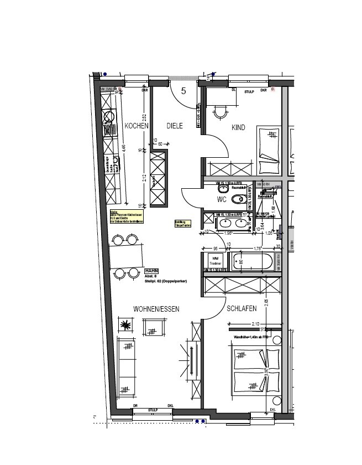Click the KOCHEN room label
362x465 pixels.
coord(137,126)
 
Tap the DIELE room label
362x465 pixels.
coord(175,126)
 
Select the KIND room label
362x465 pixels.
coord(238,128)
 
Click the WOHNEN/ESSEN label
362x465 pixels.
coord(156,309)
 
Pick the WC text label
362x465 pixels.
coord(222,199)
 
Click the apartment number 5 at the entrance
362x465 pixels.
coord(183,91)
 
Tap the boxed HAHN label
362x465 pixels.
coord(151,271)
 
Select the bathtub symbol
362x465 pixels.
coord(252,261)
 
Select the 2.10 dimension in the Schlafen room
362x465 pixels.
coord(255,323)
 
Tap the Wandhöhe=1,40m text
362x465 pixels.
coord(250,336)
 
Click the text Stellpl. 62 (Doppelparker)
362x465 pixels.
coord(166,281)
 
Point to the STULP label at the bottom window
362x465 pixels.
coord(153,410)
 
